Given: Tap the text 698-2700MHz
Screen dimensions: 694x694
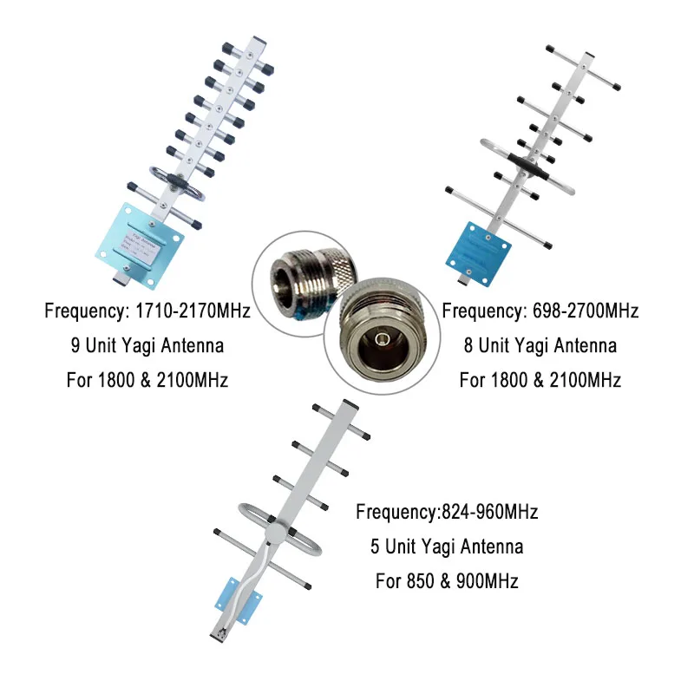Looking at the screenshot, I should coord(580,311).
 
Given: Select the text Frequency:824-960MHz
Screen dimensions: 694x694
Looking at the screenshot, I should coord(447,512).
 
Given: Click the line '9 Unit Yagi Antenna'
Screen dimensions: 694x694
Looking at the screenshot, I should coord(147,345).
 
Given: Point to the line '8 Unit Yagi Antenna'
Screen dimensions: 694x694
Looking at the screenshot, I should coord(540,345).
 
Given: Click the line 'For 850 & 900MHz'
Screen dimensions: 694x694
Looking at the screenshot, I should coord(447,581).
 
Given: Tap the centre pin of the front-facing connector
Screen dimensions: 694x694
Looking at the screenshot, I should coord(378,335).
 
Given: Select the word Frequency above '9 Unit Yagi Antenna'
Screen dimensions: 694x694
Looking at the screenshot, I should coord(81,311).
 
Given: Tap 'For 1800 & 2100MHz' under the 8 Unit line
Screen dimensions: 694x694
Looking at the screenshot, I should coord(540,380).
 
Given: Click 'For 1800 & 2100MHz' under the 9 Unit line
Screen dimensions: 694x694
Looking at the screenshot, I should coord(147,380).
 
